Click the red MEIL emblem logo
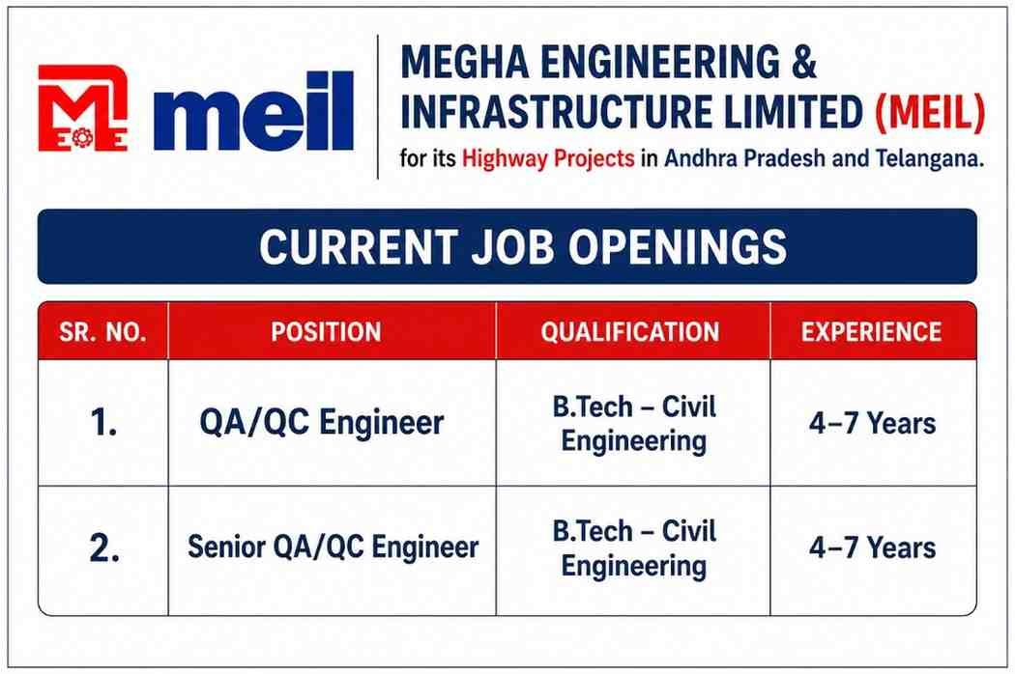click(82, 108)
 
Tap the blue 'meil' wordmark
click(253, 111)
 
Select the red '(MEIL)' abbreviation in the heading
click(930, 112)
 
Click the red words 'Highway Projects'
click(548, 158)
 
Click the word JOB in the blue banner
click(512, 247)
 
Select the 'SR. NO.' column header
click(102, 332)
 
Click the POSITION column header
click(326, 332)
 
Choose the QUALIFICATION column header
click(630, 332)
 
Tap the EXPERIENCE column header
click(871, 332)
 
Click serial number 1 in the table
click(103, 424)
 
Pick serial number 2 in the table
click(103, 548)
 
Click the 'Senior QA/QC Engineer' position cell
click(333, 548)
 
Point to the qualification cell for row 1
click(634, 424)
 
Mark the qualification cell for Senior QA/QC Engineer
click(634, 548)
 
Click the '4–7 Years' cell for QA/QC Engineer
click(872, 424)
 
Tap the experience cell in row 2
click(872, 548)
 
